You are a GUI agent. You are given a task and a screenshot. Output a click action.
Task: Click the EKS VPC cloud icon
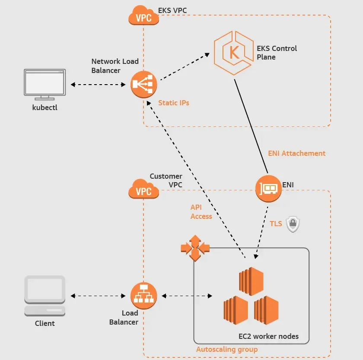143,15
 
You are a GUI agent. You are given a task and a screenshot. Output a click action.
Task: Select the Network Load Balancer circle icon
143,85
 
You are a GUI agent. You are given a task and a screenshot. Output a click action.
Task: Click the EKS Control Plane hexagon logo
233,53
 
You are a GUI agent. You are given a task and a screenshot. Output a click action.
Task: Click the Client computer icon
45,296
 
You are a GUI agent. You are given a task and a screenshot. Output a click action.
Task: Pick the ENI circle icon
268,189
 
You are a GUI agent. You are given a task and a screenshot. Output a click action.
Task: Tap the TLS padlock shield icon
293,224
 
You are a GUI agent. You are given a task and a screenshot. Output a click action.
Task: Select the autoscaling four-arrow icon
195,248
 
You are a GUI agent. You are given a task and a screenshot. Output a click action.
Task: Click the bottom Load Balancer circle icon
143,296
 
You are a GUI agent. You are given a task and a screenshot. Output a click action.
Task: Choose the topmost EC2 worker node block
251,281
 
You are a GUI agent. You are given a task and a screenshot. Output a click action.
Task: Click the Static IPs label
174,103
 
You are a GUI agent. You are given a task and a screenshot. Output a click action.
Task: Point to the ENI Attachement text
296,153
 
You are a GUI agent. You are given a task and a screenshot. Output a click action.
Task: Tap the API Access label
201,212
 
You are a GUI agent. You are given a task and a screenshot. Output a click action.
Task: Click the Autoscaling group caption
227,349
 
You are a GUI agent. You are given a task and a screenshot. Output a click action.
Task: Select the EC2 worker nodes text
268,336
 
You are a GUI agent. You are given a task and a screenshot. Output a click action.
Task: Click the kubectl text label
45,107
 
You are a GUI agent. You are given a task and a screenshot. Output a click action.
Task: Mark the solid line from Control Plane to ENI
251,126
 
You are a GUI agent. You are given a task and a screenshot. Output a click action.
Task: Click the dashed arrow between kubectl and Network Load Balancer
98,85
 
